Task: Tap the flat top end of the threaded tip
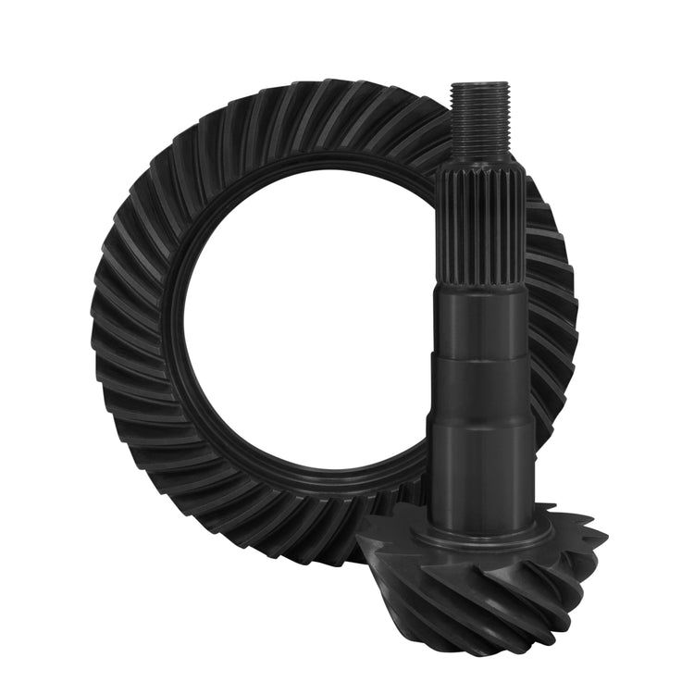tap(478, 86)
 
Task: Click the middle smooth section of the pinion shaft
tap(480, 389)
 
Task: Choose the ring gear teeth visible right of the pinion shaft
tap(555, 305)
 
